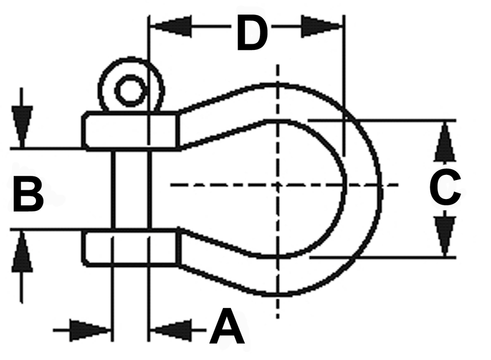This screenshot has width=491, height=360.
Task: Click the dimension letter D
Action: coord(252,33)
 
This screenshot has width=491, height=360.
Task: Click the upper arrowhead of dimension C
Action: coord(445,142)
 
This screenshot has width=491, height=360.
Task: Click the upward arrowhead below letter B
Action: coord(22,252)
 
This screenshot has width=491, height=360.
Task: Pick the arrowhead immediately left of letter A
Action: coord(171,330)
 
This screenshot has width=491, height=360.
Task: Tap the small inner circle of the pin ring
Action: coord(131,91)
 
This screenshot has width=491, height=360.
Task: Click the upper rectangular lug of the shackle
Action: coord(131,131)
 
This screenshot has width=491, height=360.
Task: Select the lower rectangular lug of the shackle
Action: coord(131,248)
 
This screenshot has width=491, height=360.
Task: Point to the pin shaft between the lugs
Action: coord(131,190)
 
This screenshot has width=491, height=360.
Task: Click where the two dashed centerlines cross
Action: coord(277,185)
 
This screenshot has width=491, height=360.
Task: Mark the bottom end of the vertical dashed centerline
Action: coord(277,318)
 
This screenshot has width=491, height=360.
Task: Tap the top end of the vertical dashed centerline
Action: coord(277,65)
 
